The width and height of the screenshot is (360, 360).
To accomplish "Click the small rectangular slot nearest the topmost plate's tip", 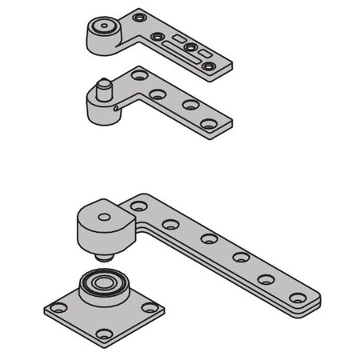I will tap(206, 53).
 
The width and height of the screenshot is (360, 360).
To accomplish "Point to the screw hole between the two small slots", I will tap(191, 47).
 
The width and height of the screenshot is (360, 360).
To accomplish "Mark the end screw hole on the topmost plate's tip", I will tap(209, 66).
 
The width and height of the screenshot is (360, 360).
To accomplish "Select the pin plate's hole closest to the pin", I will tap(140, 76).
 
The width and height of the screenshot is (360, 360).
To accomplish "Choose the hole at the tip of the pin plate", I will tap(210, 123).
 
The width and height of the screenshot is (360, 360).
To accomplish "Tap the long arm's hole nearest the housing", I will tap(139, 207).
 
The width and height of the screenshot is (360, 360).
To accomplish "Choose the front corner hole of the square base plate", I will tap(102, 334).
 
